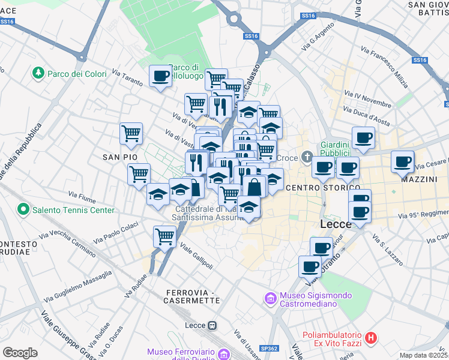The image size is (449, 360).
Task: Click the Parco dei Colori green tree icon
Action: [38, 73]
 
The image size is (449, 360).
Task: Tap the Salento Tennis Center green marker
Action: [23, 210]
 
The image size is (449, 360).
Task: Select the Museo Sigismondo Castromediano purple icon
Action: [270, 298]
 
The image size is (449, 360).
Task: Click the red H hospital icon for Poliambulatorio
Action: [371, 338]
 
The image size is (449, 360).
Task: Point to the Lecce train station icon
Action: [212, 325]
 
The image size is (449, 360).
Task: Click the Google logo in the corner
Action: [20, 352]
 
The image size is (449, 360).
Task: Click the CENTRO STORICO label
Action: [318, 188]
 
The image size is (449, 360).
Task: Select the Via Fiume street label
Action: [82, 196]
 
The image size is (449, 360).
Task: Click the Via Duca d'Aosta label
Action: [364, 115]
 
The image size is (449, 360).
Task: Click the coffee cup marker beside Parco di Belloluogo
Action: [160, 76]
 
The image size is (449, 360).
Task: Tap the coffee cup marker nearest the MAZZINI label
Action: [402, 161]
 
